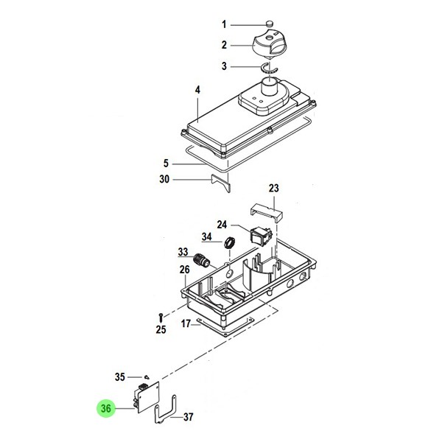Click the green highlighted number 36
click(x=106, y=408)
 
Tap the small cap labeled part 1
click(x=270, y=24)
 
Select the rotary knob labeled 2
click(x=269, y=45)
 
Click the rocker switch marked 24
click(x=262, y=236)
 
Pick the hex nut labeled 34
click(x=229, y=243)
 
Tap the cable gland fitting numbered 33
click(x=202, y=260)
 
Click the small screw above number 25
click(x=161, y=318)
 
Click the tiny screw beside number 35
click(x=147, y=377)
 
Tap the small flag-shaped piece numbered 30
click(x=221, y=183)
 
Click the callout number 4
click(x=197, y=90)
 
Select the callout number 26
click(x=185, y=270)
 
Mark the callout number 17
click(x=186, y=323)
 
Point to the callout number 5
click(x=166, y=164)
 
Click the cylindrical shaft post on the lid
click(x=270, y=87)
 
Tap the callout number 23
click(x=274, y=188)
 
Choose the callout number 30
click(x=164, y=179)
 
